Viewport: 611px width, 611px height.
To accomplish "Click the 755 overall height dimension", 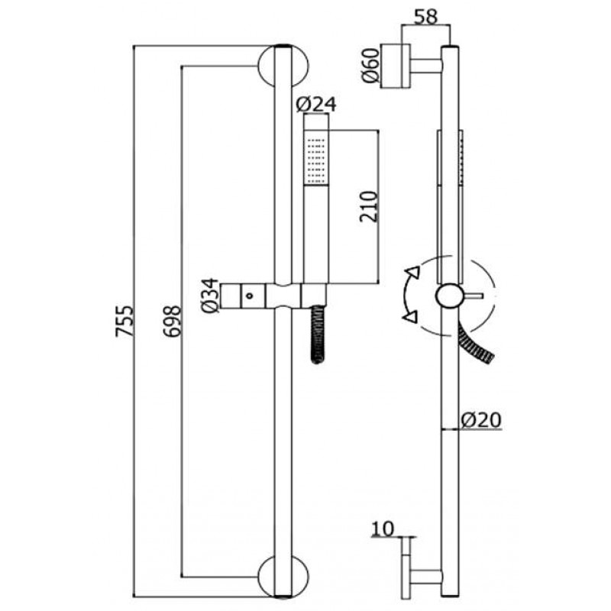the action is (124, 321).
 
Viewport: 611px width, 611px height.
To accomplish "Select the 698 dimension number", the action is (173, 321).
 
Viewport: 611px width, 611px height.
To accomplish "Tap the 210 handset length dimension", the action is (369, 206).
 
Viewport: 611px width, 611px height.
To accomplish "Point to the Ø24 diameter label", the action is (316, 105).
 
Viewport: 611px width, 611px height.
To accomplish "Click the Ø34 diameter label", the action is (210, 296).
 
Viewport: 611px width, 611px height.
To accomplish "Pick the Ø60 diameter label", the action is (370, 65).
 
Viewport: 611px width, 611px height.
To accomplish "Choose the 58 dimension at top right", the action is (426, 17).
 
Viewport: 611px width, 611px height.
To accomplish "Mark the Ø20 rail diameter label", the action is (481, 421).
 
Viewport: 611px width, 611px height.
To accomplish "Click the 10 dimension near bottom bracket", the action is (383, 529).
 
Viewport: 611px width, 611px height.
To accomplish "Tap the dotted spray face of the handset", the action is (316, 159).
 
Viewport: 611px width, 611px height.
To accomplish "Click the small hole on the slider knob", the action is (250, 296).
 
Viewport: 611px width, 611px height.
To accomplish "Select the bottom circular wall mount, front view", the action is (283, 576).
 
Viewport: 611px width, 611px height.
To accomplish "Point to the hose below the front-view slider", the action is (318, 335).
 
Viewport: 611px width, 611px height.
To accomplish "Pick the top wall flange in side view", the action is (395, 66).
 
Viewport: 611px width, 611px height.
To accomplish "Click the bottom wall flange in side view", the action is (406, 577).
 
